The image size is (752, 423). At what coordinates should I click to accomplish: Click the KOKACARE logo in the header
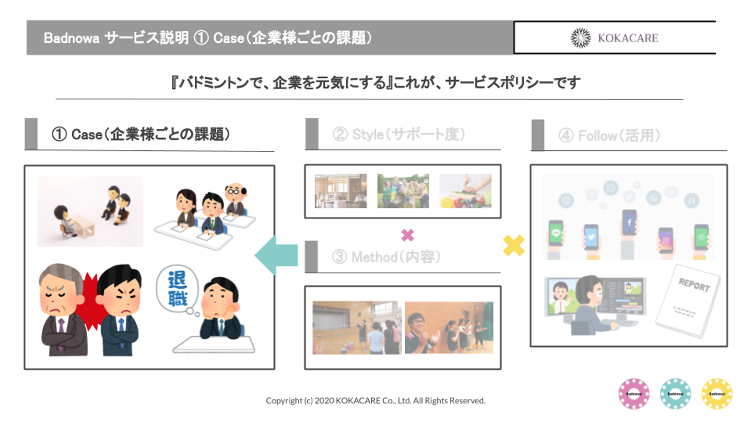[x=614, y=38]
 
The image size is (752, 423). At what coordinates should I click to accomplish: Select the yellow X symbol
[x=514, y=245]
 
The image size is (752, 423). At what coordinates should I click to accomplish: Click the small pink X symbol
[x=407, y=236]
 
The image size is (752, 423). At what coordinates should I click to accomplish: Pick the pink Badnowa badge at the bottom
[x=633, y=394]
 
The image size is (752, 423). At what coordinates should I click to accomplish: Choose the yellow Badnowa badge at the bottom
[x=716, y=394]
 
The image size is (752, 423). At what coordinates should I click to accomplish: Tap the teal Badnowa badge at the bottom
[x=675, y=394]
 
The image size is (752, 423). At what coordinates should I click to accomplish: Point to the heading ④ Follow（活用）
[x=609, y=136]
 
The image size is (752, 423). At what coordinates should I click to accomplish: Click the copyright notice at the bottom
[x=375, y=401]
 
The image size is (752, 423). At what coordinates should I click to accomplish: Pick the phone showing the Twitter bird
[x=591, y=239]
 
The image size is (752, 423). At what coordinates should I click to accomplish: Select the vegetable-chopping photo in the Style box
[x=465, y=191]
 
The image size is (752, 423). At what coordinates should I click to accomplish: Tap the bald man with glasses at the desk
[x=235, y=198]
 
